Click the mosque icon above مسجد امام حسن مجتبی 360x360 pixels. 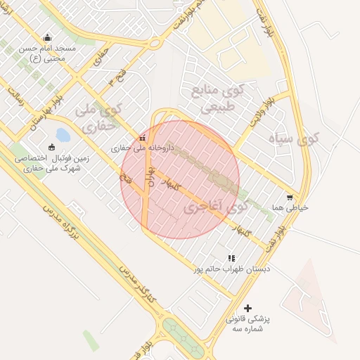[x=47, y=38]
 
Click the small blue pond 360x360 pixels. [x=62, y=134]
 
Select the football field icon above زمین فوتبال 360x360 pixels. [x=51, y=147]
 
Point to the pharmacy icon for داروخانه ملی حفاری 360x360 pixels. [x=143, y=137]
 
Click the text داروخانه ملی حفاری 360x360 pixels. [x=141, y=149]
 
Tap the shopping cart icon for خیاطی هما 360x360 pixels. [x=290, y=198]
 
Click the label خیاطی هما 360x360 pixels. [x=292, y=208]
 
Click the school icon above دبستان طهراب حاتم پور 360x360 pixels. [x=232, y=259]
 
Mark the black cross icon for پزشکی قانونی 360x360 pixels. [x=247, y=308]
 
